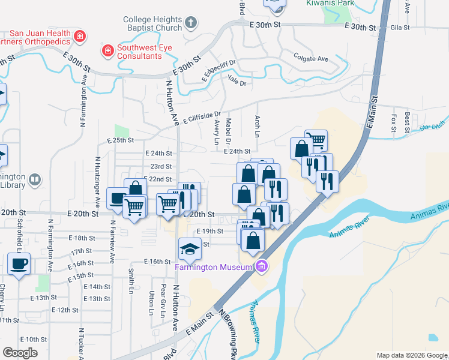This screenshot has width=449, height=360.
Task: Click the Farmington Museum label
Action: [213, 267]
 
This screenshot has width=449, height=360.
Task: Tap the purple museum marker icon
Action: [261, 266]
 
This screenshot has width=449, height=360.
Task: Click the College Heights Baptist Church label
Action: [152, 23]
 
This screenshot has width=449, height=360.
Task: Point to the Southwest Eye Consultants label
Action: [139, 52]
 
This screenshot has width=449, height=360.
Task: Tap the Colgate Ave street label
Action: [311, 59]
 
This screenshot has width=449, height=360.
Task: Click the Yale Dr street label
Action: [238, 83]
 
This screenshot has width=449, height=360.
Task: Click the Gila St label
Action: [399, 28]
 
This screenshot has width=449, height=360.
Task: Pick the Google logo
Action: [20, 353]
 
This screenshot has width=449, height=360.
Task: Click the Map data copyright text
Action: [411, 355]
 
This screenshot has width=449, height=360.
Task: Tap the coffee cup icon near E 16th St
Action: [19, 264]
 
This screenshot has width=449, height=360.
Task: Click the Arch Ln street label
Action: [258, 125]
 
